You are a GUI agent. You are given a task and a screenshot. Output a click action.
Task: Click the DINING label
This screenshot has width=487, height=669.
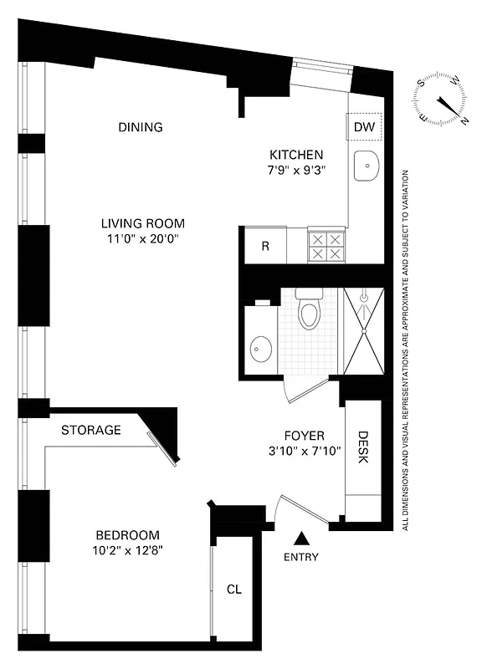pos(140,127)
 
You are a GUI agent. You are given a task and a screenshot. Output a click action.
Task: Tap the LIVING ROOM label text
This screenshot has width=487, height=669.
pos(142,223)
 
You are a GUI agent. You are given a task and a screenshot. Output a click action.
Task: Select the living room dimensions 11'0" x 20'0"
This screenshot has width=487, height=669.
pos(142,239)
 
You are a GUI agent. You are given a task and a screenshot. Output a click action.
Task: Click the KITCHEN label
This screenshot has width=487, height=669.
pos(295,155)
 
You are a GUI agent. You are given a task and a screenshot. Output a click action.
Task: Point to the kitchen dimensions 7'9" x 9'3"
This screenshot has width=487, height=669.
pos(295,170)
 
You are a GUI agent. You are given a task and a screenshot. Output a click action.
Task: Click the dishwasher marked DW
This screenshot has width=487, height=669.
pos(364,127)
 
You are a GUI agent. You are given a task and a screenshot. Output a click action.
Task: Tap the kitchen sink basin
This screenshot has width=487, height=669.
pos(367,167)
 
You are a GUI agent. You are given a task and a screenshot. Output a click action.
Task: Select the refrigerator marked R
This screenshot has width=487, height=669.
pos(264,247)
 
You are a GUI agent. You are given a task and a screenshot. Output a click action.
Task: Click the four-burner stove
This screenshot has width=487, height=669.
pos(326,247)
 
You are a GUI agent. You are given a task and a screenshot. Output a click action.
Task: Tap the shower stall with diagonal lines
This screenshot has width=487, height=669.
pos(365,330)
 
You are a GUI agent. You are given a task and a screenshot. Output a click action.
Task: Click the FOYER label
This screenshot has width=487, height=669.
pos(304,435)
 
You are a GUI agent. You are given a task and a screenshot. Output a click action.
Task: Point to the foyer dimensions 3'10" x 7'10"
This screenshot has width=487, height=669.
pos(304,451)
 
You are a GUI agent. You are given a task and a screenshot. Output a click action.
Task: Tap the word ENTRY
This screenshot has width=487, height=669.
pos(300,557)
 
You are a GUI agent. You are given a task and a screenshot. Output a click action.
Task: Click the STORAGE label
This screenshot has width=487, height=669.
pos(91,431)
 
